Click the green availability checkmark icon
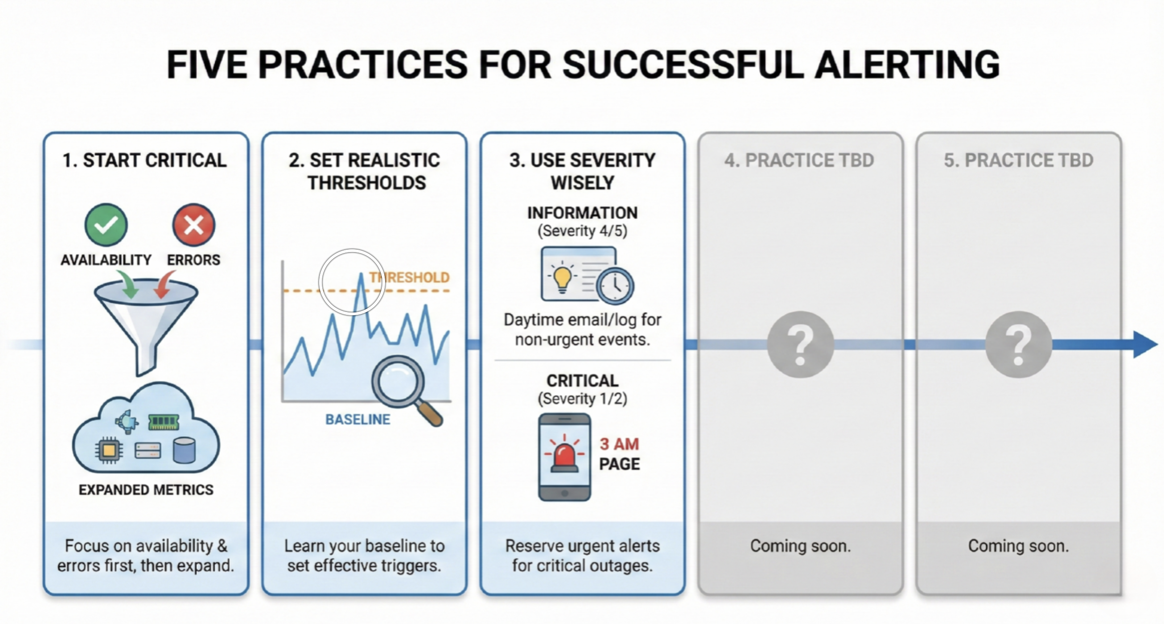pos(106,225)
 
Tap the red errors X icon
pos(194,225)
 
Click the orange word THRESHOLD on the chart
pos(409,277)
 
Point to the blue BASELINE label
pos(358,419)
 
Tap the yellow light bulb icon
pos(563,278)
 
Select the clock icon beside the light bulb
pos(615,285)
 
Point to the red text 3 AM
pos(619,444)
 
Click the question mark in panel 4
pos(801,344)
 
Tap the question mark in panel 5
pos(1019,344)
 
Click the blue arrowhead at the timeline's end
pos(1146,345)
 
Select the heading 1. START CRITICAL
pos(145,160)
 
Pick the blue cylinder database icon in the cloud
pos(184,450)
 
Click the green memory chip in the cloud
pos(163,422)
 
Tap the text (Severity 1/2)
pos(582,399)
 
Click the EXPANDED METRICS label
pos(146,490)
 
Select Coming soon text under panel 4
pos(801,546)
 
